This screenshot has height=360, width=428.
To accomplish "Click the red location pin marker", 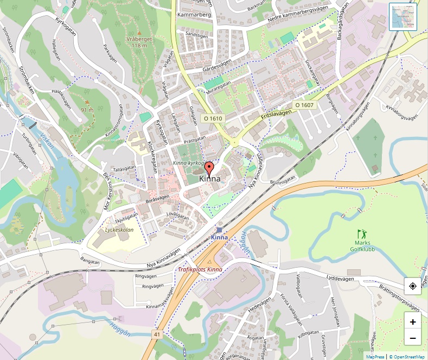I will click(x=210, y=166).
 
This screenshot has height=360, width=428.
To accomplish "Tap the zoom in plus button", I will click(x=413, y=321).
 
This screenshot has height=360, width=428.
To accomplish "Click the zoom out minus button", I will click(x=413, y=338).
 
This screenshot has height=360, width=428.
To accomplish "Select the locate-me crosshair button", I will click(x=413, y=286).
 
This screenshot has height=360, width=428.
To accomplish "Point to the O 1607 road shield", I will click(x=304, y=104).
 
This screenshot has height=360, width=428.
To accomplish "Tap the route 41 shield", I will click(x=157, y=335).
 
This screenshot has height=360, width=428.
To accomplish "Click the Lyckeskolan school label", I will click(x=118, y=230).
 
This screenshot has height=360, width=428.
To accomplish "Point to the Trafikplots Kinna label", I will click(x=200, y=269).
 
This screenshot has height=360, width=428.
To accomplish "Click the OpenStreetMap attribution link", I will click(x=407, y=357).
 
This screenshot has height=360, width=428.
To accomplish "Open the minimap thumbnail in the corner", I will click(x=403, y=16).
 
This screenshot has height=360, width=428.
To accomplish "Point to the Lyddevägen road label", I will click(x=340, y=279).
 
